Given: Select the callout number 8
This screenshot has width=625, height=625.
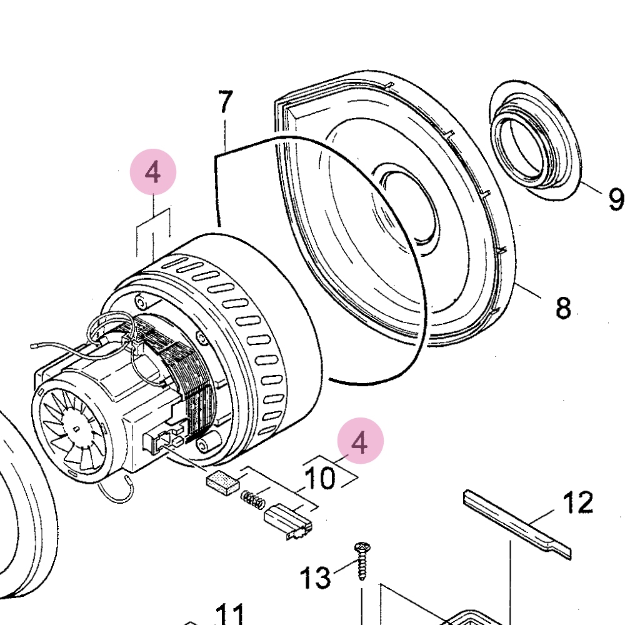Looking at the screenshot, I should click(562, 307).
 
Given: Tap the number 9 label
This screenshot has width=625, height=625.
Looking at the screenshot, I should click(615, 199).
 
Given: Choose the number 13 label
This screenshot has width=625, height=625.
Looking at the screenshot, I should click(315, 578).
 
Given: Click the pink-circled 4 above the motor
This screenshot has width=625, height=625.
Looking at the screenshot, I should click(153, 172).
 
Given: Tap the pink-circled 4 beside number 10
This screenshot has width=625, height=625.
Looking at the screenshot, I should click(359, 442).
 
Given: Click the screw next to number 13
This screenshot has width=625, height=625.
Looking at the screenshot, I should click(362, 560).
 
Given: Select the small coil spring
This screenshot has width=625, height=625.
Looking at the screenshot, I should click(251, 499).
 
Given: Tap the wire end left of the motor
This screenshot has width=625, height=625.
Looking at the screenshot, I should click(35, 343).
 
